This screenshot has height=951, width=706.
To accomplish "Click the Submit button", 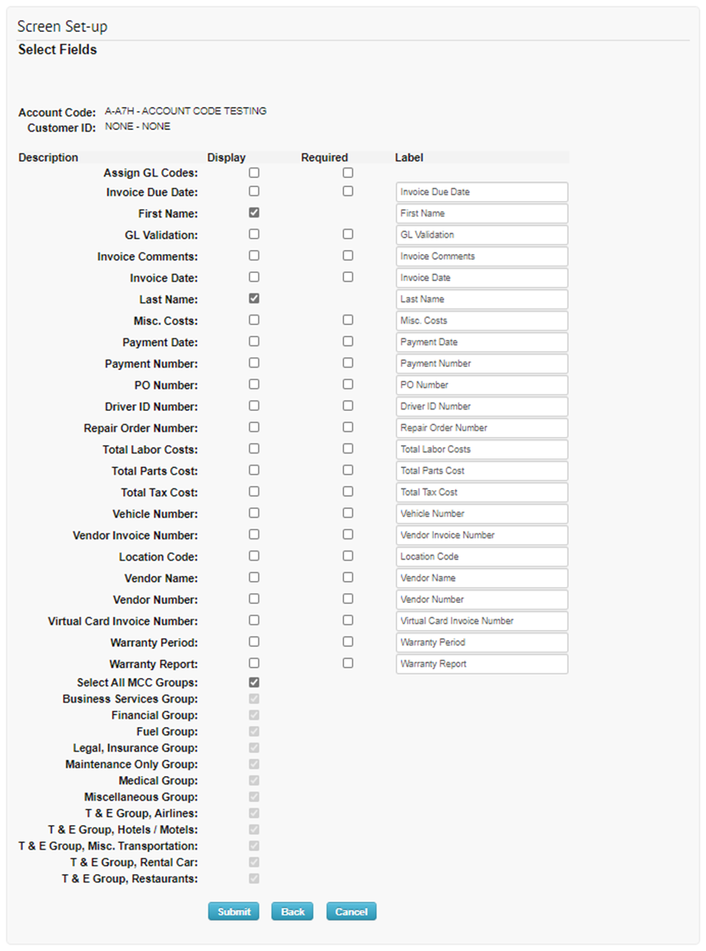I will [234, 912].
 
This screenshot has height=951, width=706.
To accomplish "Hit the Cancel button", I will [351, 912].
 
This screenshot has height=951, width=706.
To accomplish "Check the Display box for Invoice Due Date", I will [254, 191].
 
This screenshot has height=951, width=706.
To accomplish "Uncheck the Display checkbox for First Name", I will [254, 212].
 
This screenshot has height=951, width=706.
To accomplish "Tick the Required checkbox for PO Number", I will [348, 384].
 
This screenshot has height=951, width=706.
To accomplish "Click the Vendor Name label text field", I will [481, 578].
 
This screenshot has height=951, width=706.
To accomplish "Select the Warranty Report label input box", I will [481, 663].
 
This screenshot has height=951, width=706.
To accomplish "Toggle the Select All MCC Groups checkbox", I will [254, 682].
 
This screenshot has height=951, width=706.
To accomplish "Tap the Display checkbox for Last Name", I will [254, 298].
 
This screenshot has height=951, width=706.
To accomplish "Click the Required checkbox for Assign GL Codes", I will [348, 173].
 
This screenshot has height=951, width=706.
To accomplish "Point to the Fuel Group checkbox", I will [254, 731].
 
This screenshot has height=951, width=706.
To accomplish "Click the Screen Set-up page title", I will [63, 27].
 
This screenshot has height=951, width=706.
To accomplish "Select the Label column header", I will [409, 158].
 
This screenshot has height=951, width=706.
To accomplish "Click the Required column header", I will [324, 158].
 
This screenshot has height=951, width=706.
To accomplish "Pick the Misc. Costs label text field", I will [481, 320].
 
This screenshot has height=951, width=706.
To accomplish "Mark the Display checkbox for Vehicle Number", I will [254, 513].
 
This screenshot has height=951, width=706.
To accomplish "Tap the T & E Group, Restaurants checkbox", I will [254, 878].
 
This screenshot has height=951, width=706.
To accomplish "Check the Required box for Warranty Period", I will [348, 642].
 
